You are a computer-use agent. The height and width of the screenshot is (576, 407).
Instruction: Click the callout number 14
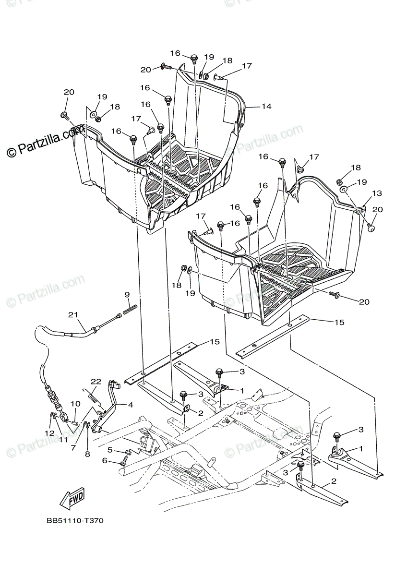[x=266, y=106]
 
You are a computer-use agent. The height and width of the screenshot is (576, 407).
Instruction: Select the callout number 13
[x=377, y=193]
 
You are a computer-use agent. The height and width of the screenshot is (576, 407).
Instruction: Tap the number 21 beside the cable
[x=72, y=315]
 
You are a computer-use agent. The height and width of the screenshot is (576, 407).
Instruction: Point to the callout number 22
[x=96, y=382]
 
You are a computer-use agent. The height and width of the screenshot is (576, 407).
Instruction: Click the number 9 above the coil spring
[x=127, y=294]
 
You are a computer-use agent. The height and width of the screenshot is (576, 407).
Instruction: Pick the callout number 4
[x=130, y=405]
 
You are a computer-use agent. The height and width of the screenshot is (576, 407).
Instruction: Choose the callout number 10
[x=75, y=404]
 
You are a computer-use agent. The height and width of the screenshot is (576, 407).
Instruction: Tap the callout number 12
[x=50, y=433]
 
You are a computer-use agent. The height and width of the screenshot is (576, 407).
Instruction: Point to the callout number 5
[x=110, y=450]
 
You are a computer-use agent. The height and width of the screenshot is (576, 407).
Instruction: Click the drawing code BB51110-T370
[x=75, y=520]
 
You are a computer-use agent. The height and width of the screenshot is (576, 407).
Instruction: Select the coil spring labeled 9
[x=130, y=310]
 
